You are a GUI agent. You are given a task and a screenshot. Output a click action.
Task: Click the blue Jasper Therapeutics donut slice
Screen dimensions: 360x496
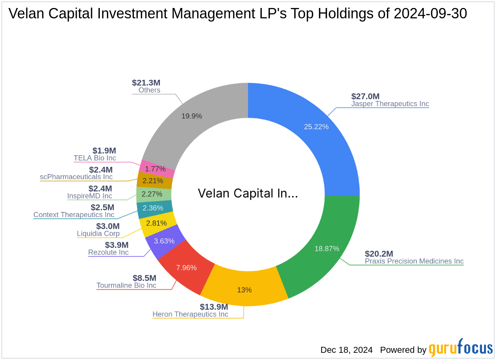tap(315, 132)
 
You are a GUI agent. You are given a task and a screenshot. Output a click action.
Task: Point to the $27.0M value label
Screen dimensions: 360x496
tap(365, 96)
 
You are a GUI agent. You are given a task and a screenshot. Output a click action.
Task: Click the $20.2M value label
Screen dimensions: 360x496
tap(379, 254)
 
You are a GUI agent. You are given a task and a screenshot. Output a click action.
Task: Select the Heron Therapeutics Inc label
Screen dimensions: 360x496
tap(190, 314)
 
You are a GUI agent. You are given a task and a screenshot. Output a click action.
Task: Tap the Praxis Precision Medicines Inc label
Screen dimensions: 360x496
tap(414, 261)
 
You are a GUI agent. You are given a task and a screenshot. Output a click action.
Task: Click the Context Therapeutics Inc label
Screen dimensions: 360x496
tap(74, 215)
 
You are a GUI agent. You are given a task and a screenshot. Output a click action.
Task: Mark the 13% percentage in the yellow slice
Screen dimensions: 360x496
tap(244, 290)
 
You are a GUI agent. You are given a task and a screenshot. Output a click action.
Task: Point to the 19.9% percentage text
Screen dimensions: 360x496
tap(192, 116)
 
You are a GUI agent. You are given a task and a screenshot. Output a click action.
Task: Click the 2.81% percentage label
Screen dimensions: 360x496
tap(156, 223)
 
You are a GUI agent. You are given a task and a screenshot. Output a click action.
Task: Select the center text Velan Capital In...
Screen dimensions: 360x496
tap(248, 194)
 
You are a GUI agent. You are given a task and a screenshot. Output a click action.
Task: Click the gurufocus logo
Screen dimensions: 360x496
tap(461, 348)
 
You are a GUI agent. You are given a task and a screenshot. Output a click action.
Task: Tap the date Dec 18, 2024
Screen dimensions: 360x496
tap(346, 350)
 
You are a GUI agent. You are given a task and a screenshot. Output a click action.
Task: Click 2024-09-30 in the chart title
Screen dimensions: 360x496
tap(430, 14)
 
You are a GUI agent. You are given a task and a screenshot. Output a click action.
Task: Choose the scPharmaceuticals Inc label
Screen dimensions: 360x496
tap(76, 177)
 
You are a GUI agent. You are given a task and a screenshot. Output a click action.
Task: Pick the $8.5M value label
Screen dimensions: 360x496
tap(144, 278)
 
